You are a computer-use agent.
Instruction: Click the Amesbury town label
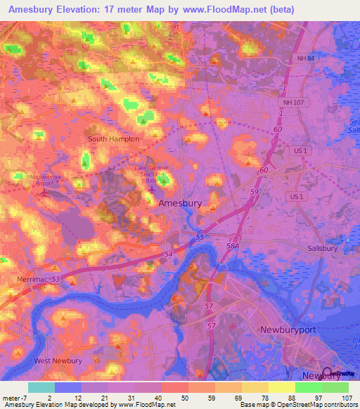point(181,203)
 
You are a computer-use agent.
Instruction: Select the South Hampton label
point(115,139)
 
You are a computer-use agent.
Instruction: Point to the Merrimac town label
point(30,279)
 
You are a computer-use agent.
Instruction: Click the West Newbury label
point(58,361)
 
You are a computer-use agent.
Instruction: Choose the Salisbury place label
point(323,248)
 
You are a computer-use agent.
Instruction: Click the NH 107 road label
point(290,103)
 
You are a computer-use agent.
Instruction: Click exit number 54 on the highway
point(167,254)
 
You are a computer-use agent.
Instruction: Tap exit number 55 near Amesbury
point(200,238)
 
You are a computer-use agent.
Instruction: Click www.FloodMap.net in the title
point(226,8)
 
